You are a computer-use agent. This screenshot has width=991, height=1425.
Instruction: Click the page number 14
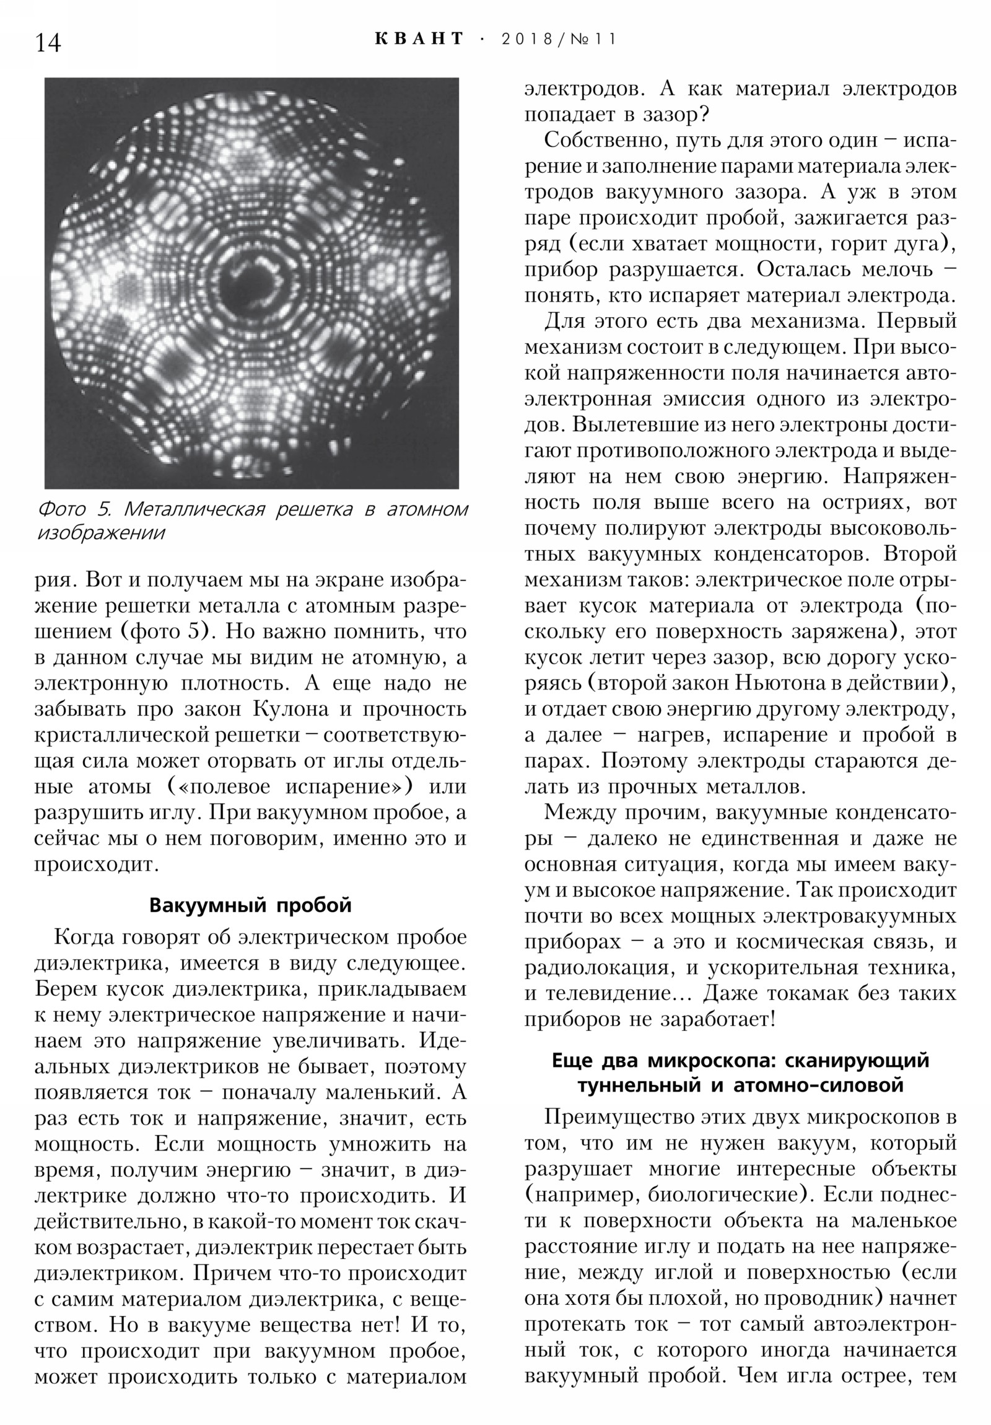pos(48,42)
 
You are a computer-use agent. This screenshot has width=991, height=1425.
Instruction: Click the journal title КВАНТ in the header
pos(419,38)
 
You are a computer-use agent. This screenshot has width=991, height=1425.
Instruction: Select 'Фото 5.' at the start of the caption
pos(74,509)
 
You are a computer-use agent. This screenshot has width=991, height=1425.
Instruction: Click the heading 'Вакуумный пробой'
pos(251,906)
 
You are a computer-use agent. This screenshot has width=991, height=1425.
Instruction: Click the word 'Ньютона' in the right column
pos(779,683)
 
